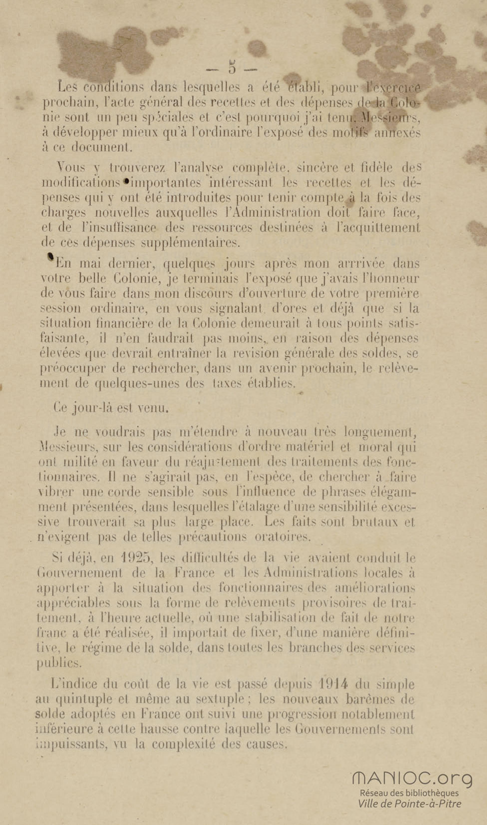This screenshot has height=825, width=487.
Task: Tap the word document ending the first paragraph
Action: (x=102, y=148)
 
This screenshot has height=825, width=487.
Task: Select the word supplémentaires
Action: (x=190, y=243)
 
